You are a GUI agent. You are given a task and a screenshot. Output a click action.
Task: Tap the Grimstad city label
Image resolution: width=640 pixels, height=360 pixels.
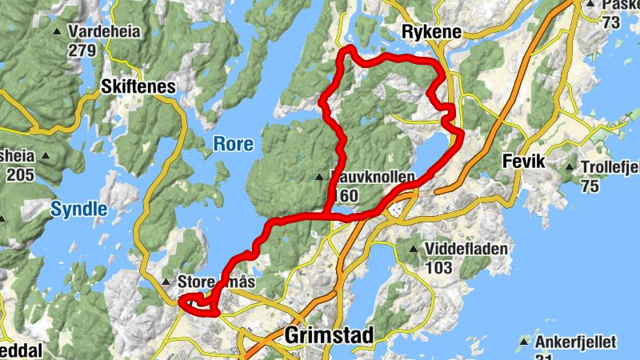coord(329,336)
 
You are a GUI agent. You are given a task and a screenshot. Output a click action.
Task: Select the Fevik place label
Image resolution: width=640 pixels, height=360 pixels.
coord(522,162)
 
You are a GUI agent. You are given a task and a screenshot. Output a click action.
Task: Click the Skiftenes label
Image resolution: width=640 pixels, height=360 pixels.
coord(138,86)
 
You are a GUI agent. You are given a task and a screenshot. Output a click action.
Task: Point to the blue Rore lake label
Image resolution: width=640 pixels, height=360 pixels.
coord(233,145)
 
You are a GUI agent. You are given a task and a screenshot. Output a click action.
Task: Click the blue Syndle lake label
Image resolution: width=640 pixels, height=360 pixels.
coord(78,210)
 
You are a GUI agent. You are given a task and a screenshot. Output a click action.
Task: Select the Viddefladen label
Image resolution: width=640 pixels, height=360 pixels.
coord(466,249)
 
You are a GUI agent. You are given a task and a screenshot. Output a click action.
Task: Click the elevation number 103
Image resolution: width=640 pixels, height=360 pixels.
coord(438,268)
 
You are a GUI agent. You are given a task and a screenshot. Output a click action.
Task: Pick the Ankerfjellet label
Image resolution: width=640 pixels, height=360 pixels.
coord(576,342)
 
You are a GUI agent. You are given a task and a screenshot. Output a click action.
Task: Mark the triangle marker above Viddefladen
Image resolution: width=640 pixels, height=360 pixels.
coord(413,250)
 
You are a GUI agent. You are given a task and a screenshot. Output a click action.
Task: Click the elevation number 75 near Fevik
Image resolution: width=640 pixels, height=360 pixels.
coord(590,186)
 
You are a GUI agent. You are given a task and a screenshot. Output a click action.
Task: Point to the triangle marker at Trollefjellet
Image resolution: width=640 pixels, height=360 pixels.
coord(569,167)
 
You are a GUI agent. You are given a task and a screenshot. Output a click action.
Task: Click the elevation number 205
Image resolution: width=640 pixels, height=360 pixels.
coord(21,174)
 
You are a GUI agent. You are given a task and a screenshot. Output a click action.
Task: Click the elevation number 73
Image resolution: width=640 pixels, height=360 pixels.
coord(611,23)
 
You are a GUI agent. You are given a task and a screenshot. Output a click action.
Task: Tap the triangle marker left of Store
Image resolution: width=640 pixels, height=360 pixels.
coord(166,282)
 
